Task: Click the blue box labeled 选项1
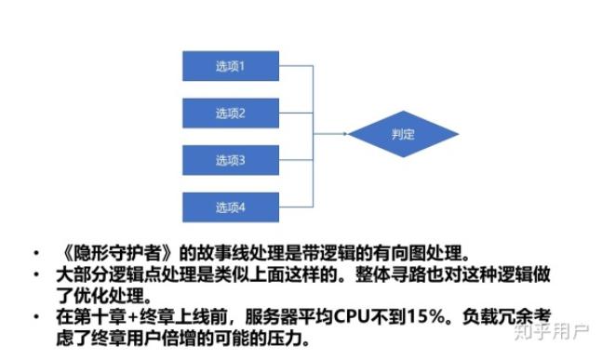(230, 65)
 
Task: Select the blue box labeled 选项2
(230, 113)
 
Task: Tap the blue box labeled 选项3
(230, 160)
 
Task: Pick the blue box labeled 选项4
(230, 207)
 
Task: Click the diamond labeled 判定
(403, 135)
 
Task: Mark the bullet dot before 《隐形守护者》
(33, 253)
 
